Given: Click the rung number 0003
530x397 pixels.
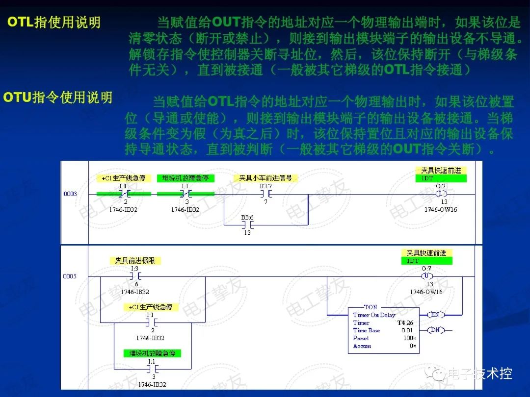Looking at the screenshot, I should (x=70, y=194).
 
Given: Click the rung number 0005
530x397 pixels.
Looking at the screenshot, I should (x=70, y=276).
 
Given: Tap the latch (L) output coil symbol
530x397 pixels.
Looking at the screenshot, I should (x=441, y=194).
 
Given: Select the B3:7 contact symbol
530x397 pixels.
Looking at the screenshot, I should (x=265, y=194).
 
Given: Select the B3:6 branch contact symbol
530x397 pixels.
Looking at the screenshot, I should (x=247, y=224).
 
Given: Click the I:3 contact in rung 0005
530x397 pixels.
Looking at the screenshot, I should (x=134, y=276).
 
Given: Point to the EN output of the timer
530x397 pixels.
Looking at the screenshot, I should (x=434, y=314).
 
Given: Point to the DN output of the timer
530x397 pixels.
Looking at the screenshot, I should (x=434, y=330).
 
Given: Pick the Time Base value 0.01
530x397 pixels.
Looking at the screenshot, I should (x=407, y=330).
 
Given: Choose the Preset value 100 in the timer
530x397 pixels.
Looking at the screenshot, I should (x=408, y=338).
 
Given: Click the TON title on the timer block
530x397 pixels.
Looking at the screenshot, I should (x=371, y=307).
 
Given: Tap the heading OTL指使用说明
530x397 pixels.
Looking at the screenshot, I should (x=54, y=23).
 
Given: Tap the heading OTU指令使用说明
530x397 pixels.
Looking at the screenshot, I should (x=58, y=97).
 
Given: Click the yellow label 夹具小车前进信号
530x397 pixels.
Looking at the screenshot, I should (x=265, y=178).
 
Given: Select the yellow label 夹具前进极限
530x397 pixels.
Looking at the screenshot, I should (x=135, y=261).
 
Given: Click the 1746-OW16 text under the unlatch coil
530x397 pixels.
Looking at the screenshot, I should (x=426, y=292).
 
